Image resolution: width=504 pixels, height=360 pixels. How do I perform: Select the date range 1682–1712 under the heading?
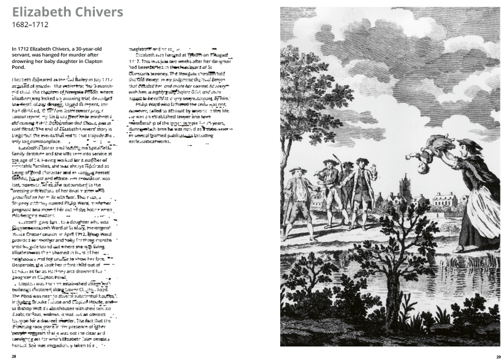(x=29, y=25)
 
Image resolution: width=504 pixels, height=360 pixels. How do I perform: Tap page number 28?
(x=14, y=356)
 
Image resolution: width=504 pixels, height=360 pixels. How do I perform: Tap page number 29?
(x=498, y=356)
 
